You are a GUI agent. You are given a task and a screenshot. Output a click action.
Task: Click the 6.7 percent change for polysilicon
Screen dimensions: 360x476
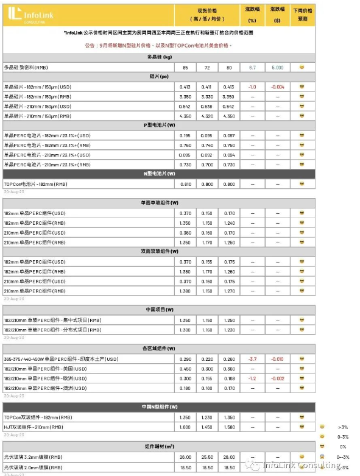click(x=252, y=67)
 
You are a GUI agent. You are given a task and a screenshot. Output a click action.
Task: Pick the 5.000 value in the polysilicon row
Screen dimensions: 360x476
click(x=277, y=67)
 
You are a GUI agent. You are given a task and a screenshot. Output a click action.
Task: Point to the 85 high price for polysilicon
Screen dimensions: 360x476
click(x=184, y=67)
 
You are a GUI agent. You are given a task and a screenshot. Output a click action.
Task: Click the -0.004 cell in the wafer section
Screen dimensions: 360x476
click(x=277, y=87)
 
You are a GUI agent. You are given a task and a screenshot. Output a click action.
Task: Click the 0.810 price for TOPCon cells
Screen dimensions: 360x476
click(x=185, y=183)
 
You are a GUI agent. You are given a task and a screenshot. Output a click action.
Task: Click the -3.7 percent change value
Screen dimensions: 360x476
click(x=252, y=359)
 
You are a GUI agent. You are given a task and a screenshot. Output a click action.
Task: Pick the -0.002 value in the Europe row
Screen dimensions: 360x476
click(x=277, y=378)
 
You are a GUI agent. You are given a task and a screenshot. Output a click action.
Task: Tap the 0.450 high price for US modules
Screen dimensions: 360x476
click(x=185, y=369)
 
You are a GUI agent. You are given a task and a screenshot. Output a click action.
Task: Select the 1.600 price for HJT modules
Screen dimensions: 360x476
click(x=185, y=427)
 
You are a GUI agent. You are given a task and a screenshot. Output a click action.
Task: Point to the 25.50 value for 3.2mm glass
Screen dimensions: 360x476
click(x=206, y=456)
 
